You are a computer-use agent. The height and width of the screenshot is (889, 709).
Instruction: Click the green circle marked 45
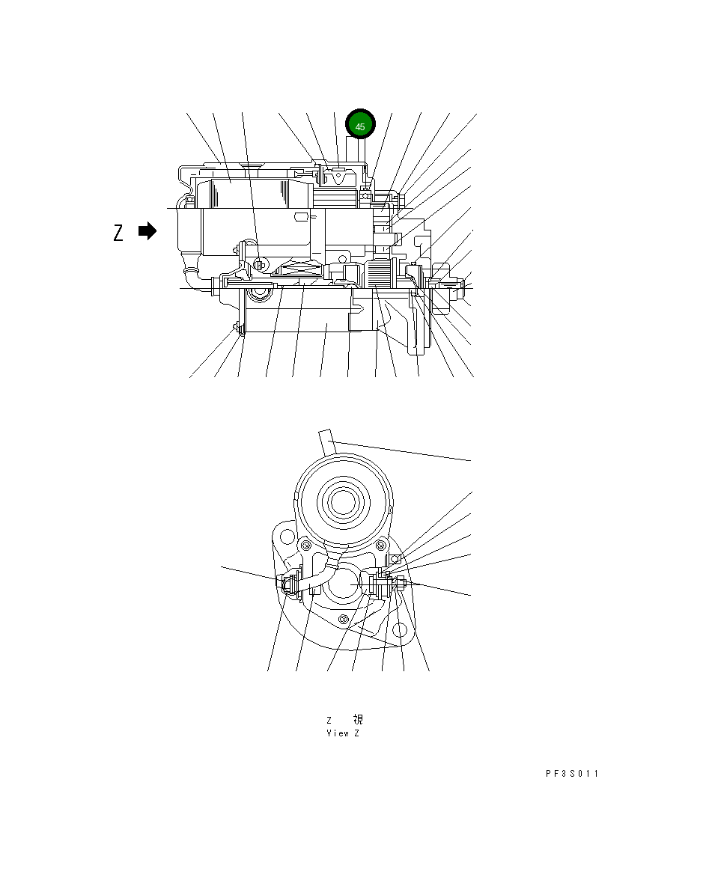point(360,126)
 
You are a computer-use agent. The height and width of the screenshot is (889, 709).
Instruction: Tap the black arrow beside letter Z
point(147,232)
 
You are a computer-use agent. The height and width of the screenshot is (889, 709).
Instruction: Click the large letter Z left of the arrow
point(118,233)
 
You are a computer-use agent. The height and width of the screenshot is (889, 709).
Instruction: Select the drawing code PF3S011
point(571,774)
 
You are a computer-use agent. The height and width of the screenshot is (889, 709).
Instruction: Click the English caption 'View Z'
point(343,733)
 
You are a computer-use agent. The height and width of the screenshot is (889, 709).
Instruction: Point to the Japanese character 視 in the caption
point(358,720)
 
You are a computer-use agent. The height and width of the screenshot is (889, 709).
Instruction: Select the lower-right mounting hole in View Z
point(400,632)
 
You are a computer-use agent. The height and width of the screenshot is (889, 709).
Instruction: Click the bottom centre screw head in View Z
point(343,618)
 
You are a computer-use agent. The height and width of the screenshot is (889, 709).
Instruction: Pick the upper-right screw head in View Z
point(383,543)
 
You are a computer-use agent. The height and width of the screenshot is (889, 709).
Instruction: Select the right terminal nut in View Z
point(400,583)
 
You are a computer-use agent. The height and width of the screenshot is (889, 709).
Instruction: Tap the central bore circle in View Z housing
point(343,581)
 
